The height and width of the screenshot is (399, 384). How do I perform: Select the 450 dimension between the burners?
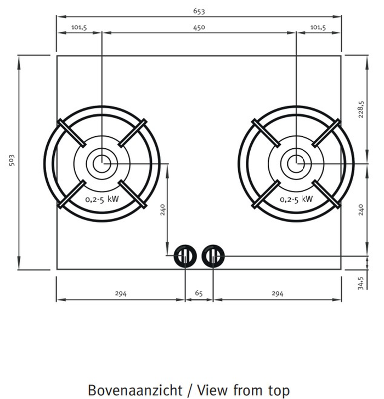click(199, 27)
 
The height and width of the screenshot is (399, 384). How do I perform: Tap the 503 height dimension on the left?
click(12, 160)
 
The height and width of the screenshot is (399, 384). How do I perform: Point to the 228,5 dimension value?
click(361, 109)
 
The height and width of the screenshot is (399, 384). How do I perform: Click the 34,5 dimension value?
click(361, 284)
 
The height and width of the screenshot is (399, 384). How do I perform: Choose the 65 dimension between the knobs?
click(199, 294)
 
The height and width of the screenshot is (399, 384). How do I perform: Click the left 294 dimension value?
click(121, 294)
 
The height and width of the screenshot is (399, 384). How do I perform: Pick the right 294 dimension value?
click(277, 294)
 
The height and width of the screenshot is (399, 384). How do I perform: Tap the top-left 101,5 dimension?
click(79, 27)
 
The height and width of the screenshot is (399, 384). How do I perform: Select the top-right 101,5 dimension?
click(318, 27)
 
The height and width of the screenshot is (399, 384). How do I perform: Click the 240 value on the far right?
click(361, 209)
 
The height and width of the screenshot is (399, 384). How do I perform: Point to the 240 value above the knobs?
click(162, 210)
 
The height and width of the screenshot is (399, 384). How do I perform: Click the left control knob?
click(185, 255)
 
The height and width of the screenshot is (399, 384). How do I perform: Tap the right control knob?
click(213, 255)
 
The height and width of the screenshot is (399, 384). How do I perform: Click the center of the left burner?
click(101, 163)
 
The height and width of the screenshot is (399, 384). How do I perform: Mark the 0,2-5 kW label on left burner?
click(102, 200)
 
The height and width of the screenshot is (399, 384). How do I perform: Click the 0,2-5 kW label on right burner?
click(296, 200)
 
